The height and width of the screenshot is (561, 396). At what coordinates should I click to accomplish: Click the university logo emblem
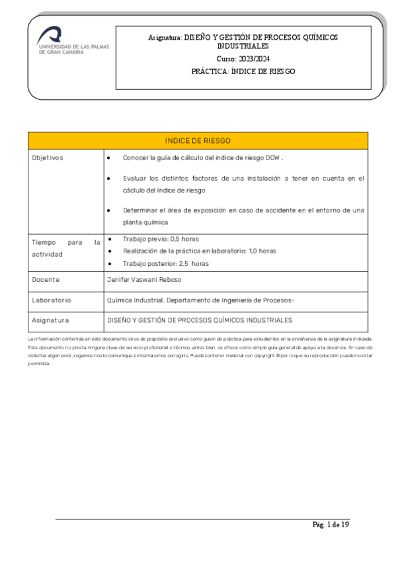[50, 34]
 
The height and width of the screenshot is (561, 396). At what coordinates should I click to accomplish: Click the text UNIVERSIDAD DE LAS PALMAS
[73, 47]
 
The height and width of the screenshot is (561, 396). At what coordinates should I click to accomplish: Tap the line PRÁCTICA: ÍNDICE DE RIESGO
[243, 71]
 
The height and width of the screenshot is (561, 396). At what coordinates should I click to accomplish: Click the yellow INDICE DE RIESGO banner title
[198, 141]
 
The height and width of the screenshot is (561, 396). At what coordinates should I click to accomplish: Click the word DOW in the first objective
[272, 158]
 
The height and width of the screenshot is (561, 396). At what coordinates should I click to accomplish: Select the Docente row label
[46, 280]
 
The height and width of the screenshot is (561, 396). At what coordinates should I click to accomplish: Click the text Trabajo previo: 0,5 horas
[161, 239]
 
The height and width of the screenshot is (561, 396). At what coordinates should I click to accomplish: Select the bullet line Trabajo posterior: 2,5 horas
[166, 263]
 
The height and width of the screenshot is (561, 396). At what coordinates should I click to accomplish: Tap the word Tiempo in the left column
[46, 243]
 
